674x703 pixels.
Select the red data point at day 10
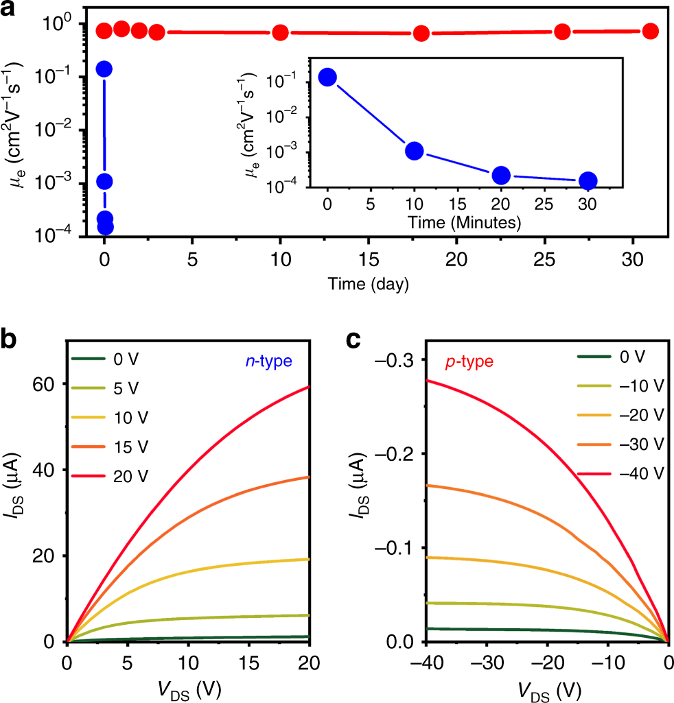[280, 33]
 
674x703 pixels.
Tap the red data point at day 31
[650, 31]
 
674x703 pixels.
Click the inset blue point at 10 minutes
[414, 151]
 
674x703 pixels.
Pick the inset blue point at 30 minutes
[588, 181]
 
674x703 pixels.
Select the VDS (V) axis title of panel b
[189, 687]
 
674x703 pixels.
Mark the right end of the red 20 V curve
[310, 386]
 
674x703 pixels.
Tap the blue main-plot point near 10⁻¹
[104, 69]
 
